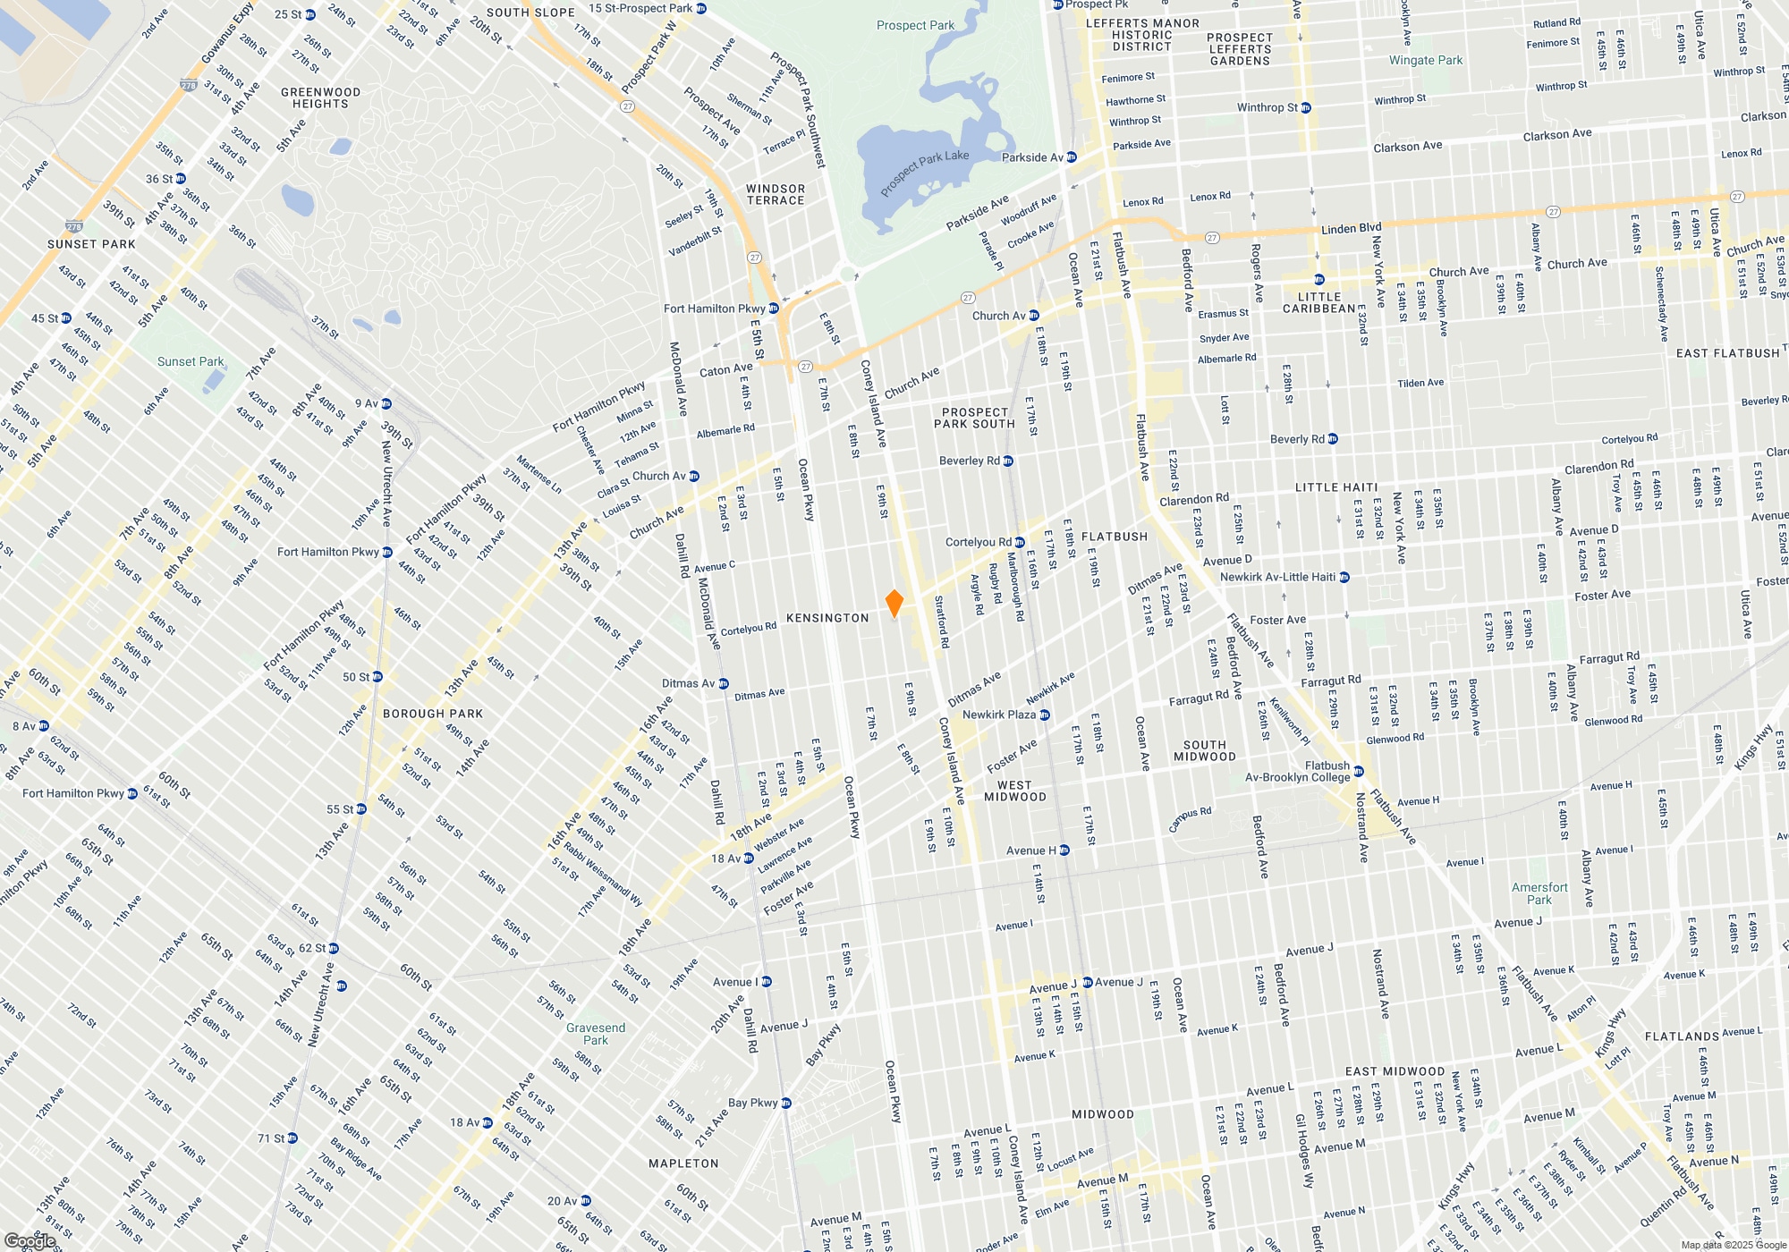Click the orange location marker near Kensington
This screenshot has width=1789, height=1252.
(894, 603)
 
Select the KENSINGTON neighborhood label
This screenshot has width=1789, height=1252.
(827, 618)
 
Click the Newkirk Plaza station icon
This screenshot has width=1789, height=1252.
(1045, 715)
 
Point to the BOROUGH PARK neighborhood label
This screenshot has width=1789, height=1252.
(433, 714)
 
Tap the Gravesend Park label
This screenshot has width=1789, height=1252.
(596, 1034)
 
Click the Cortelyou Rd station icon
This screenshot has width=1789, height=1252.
(1020, 542)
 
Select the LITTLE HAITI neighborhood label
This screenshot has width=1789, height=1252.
(1336, 487)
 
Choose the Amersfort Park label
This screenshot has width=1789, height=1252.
(1539, 893)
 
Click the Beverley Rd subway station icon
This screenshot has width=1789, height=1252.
(1008, 461)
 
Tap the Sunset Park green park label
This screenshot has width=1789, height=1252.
(191, 362)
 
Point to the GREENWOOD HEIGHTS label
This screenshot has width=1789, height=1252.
(320, 97)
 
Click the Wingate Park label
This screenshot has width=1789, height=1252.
(1426, 61)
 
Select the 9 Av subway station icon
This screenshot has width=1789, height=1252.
(386, 404)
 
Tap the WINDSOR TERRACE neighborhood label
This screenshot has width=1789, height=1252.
(776, 194)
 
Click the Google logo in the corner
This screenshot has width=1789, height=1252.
(30, 1240)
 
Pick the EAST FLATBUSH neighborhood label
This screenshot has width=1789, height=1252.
(1727, 353)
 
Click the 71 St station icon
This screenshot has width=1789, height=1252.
(293, 1138)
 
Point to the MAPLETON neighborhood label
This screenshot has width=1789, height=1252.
(683, 1163)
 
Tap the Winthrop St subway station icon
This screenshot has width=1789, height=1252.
(1306, 108)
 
